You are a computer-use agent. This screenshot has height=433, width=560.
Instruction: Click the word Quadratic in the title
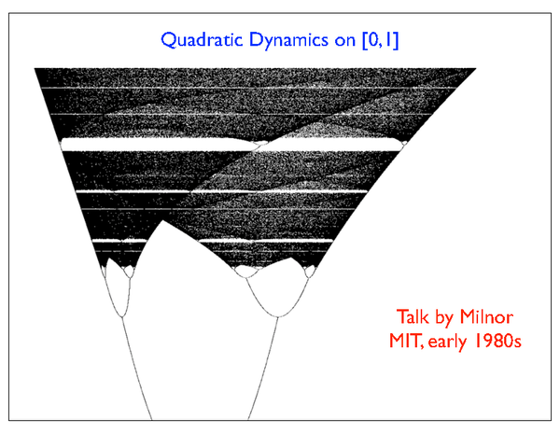202,40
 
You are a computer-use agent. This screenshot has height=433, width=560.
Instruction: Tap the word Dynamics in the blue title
288,41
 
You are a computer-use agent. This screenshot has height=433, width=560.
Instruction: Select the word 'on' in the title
345,41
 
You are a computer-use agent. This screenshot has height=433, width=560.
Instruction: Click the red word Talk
413,316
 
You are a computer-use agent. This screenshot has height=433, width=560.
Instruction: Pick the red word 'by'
444,317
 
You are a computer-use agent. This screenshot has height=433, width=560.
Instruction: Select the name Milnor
486,316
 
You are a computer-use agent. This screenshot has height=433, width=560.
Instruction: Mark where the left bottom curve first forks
121,316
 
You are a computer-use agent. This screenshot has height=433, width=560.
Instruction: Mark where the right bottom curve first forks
278,316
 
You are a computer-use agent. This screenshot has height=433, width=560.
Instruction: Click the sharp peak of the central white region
162,220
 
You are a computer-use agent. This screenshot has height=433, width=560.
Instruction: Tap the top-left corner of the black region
35,68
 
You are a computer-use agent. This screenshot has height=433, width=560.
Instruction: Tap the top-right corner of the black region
476,68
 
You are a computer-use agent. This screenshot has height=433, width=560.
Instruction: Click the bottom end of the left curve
151,419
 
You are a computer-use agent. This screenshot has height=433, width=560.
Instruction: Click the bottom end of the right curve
248,419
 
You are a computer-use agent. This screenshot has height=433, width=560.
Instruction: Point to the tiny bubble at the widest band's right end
404,144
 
